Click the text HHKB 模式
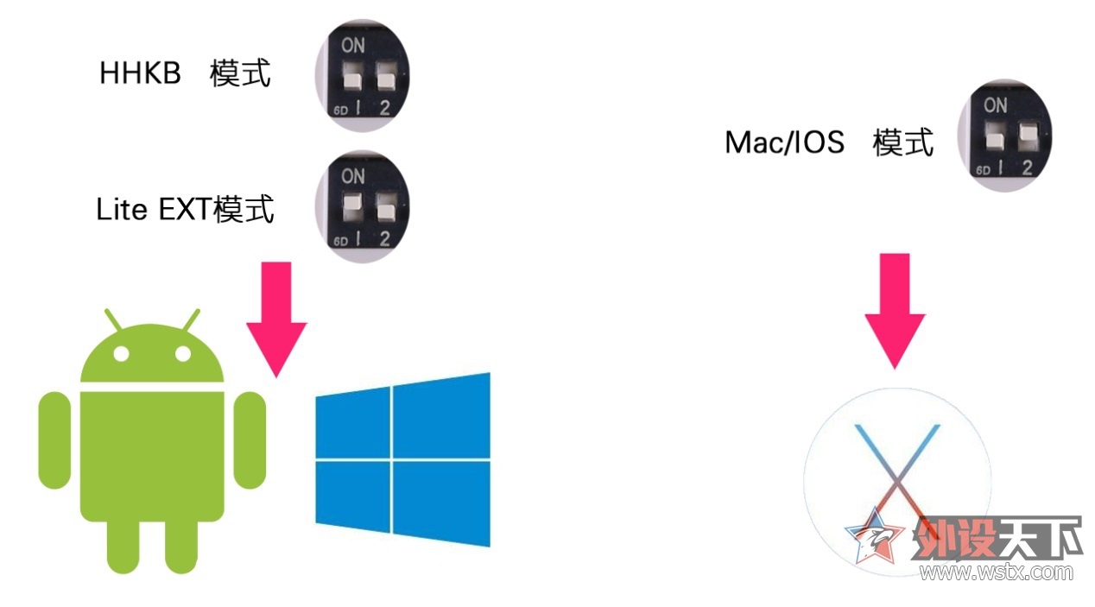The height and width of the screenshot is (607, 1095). click(185, 73)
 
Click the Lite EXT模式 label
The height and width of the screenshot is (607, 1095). click(185, 209)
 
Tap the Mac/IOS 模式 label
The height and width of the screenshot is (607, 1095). click(829, 142)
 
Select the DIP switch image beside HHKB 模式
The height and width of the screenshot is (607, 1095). click(362, 76)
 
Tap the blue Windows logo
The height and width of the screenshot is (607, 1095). click(402, 459)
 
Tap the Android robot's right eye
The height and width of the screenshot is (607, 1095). click(182, 354)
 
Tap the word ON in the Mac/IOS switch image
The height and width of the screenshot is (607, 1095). click(995, 105)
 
